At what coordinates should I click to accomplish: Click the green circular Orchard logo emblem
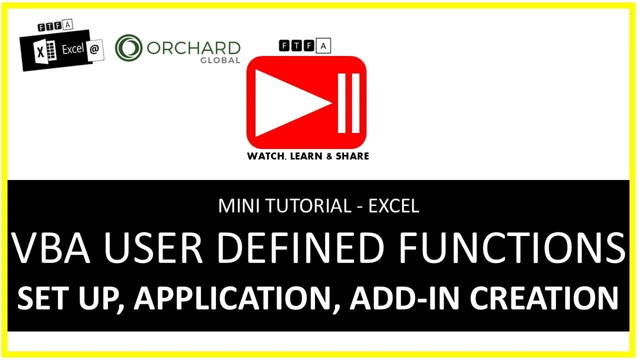[129, 48]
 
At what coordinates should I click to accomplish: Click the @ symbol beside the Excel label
[94, 50]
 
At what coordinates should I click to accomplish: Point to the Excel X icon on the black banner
[42, 52]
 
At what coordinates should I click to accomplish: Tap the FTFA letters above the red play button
[304, 46]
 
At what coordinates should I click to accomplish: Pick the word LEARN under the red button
[306, 156]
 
